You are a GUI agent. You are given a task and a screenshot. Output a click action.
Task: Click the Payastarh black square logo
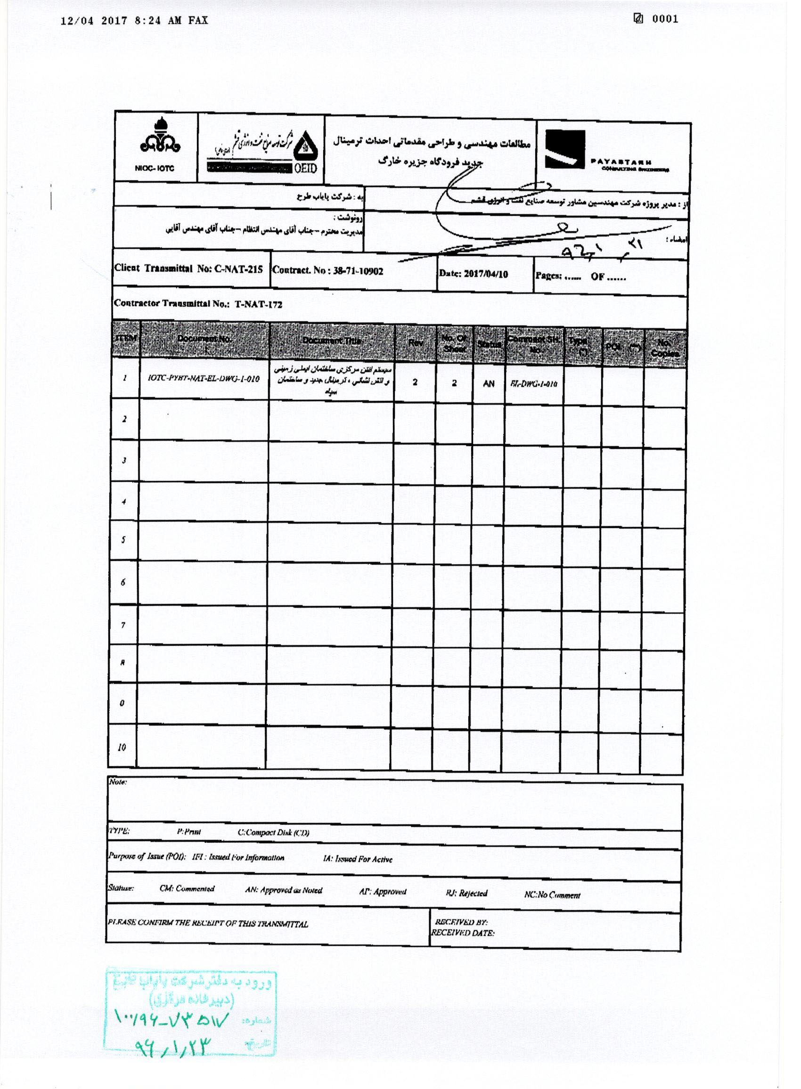565,150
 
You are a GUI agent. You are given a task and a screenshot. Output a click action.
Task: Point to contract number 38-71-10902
358,271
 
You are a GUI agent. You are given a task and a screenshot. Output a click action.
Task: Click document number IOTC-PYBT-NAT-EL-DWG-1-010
204,379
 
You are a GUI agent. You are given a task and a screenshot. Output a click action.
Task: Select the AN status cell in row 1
488,384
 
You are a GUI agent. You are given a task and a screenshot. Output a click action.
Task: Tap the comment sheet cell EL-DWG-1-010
533,384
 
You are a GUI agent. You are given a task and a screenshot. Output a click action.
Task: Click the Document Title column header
332,341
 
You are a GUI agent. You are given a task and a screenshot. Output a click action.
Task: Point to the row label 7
123,626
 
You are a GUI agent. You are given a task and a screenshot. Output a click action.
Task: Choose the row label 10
122,748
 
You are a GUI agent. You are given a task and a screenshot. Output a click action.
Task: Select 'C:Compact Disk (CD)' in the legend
273,833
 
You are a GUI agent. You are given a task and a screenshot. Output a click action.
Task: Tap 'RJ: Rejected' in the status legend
466,893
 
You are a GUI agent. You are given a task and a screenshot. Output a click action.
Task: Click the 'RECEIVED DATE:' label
463,933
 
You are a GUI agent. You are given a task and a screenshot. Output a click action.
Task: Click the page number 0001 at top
665,19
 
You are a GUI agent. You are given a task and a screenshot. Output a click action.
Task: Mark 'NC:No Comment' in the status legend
552,895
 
